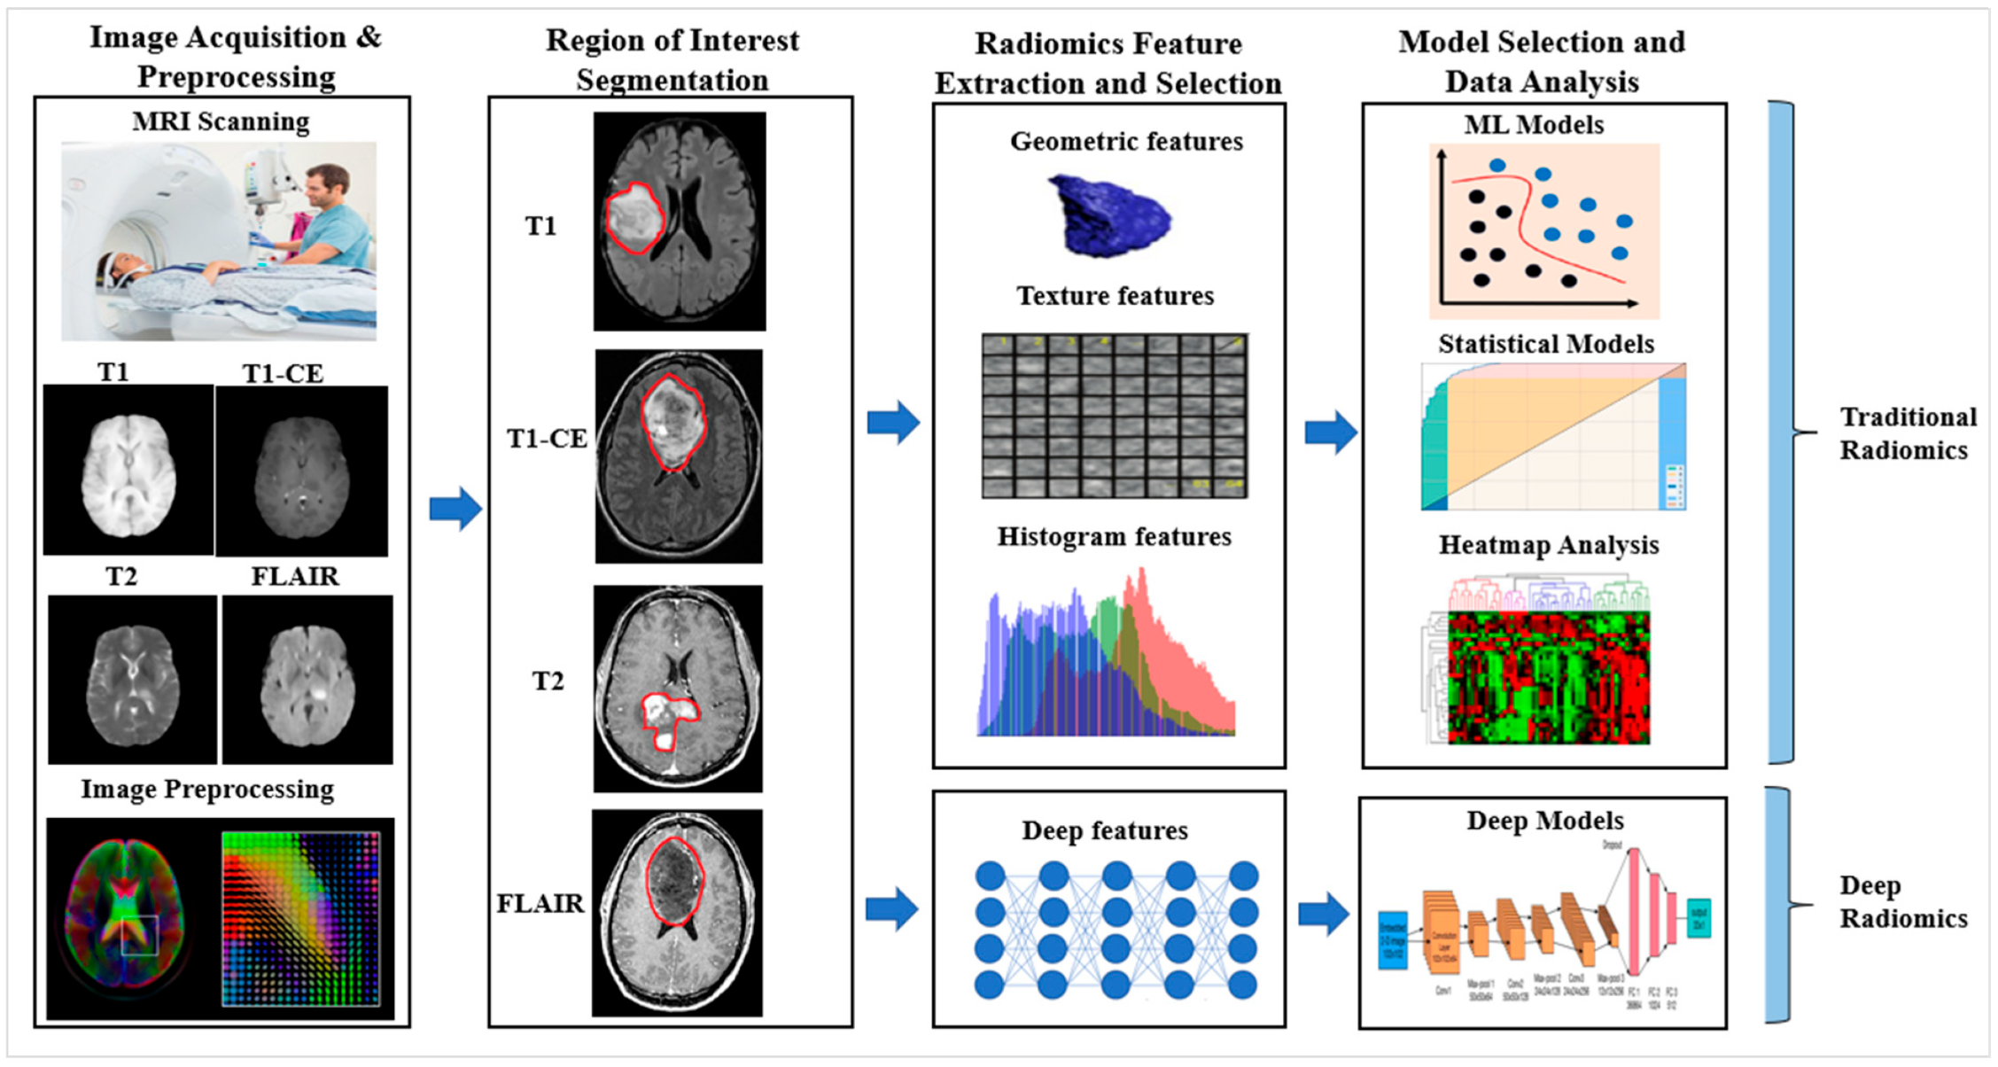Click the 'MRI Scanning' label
click(x=221, y=121)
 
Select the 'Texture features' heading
click(x=1115, y=296)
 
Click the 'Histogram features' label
click(x=1114, y=537)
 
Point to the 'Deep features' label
click(x=1105, y=831)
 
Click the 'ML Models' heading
click(x=1534, y=125)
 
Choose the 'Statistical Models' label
click(x=1546, y=344)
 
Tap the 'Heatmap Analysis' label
click(x=1548, y=545)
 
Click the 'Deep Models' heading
click(x=1545, y=821)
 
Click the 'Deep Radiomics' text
click(x=1902, y=901)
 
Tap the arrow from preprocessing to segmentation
click(x=455, y=509)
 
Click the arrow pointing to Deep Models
click(x=1324, y=913)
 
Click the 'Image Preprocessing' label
click(x=207, y=790)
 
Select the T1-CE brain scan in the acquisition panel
click(x=301, y=471)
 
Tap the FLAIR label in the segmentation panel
click(x=540, y=904)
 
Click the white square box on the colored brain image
click(x=140, y=935)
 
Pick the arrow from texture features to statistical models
click(x=1331, y=432)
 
